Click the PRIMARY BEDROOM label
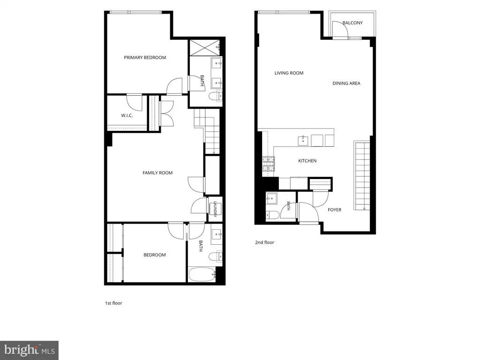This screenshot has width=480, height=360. click(x=145, y=58)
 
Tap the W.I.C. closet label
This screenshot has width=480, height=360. click(x=127, y=116)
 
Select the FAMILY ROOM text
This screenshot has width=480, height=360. click(x=157, y=173)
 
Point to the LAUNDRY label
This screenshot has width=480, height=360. click(x=215, y=209)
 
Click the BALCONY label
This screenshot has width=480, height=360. click(x=352, y=23)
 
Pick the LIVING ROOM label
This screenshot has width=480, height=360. click(x=289, y=73)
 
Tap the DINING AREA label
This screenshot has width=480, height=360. click(x=346, y=83)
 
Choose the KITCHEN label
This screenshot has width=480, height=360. click(x=307, y=161)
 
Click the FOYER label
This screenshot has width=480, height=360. click(x=334, y=210)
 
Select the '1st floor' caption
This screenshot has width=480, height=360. click(x=113, y=303)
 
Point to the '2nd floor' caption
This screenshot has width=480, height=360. click(x=264, y=242)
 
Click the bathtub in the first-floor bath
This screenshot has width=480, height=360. click(x=202, y=275)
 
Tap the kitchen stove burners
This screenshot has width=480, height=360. click(x=268, y=164)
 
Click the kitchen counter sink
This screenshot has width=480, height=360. click(x=303, y=141)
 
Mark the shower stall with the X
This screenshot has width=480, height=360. click(x=204, y=47)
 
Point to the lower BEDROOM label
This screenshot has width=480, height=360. click(x=155, y=255)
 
